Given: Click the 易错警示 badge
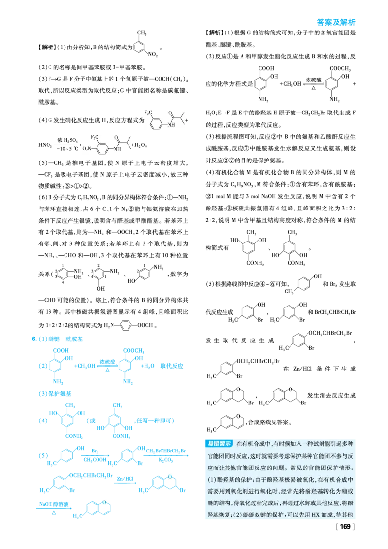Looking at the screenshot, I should coord(218,443).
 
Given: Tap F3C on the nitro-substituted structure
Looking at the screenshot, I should coord(94,137).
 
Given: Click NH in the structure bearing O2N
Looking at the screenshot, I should coord(117,148).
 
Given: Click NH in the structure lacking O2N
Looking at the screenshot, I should coord(170,124).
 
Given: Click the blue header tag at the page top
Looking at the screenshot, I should coord(335,21).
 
